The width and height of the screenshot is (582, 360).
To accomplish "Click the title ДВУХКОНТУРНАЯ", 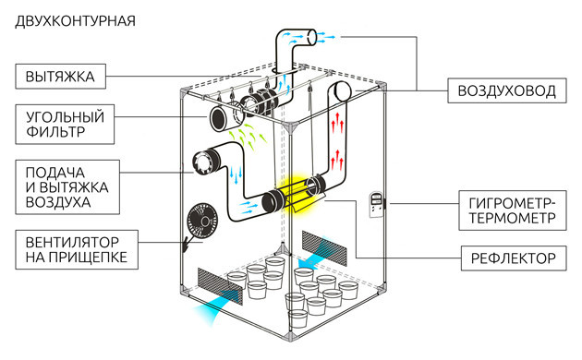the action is point(75,21).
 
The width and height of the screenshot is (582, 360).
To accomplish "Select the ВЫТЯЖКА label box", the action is point(60,77).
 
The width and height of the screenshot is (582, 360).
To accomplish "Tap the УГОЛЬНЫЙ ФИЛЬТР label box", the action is point(65,125).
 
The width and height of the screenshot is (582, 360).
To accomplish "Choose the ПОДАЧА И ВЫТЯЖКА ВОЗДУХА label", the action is point(67,187).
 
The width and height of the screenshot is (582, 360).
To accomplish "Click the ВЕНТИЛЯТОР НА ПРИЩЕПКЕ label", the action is point(77,249).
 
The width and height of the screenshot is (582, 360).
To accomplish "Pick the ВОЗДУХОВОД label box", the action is point(506,90).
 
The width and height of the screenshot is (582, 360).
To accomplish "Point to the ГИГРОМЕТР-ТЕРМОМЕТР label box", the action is point(513,210).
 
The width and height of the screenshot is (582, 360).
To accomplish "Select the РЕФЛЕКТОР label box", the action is point(514,258).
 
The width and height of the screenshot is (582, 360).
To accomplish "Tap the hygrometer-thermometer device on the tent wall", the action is point(376,204).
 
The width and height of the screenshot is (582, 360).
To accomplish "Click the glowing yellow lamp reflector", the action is point(297,193).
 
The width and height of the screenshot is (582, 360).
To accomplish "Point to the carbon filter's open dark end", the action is point(218,118).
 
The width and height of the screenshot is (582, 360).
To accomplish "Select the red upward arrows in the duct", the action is point(337,141).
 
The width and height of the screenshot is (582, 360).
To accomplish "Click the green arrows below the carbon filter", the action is point(247,136).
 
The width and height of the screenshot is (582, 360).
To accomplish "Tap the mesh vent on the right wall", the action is point(324,248).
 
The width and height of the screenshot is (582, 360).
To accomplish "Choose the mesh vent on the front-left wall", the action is point(220,286).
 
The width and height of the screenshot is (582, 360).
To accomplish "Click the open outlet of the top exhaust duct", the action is point(312,38).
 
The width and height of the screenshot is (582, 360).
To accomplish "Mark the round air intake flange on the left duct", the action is point(202,162).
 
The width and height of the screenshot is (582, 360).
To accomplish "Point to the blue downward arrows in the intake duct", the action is point(235,175).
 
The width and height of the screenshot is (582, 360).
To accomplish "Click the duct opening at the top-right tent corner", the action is point(342,90).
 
